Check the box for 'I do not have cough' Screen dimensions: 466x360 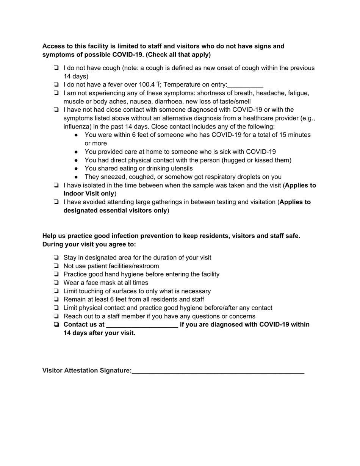[x=56, y=68]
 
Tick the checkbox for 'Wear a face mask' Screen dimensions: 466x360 [x=56, y=283]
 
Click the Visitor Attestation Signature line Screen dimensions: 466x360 [x=218, y=371]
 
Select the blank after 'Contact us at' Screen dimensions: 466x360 [x=142, y=325]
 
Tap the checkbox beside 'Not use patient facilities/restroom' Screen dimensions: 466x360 [x=56, y=266]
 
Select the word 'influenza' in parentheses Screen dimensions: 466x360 [x=77, y=127]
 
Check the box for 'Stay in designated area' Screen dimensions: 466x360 [x=56, y=258]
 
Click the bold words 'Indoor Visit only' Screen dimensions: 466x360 [x=89, y=194]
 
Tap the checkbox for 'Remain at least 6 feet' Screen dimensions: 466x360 [x=56, y=300]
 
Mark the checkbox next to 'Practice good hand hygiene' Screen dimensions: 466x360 [x=56, y=275]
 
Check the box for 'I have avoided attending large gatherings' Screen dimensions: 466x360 [x=56, y=202]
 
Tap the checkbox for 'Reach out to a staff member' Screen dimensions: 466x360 [x=56, y=316]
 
